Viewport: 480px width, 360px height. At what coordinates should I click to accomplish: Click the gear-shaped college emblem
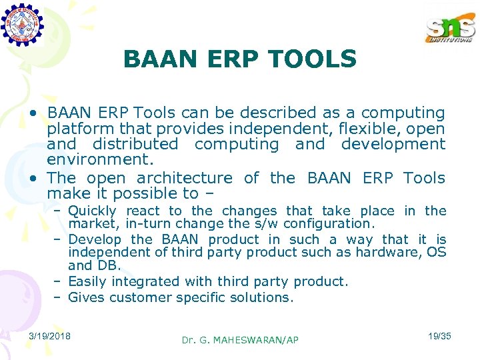point(22,23)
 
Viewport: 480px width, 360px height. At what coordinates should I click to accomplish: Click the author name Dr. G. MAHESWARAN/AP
point(240,340)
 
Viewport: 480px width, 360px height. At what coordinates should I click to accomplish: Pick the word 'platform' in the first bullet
point(76,129)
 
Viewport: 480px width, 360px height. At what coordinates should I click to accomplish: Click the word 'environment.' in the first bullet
point(100,160)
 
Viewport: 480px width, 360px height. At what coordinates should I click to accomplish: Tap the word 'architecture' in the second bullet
point(185,178)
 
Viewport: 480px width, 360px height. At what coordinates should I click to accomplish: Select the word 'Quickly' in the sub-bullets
point(92,211)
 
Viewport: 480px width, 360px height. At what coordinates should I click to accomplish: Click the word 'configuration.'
point(332,223)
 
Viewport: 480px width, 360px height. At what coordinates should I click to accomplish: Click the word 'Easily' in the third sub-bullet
point(87,281)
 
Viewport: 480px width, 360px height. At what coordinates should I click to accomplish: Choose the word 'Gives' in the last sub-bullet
point(86,297)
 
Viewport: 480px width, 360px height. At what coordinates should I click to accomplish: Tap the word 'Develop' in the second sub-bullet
point(95,239)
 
